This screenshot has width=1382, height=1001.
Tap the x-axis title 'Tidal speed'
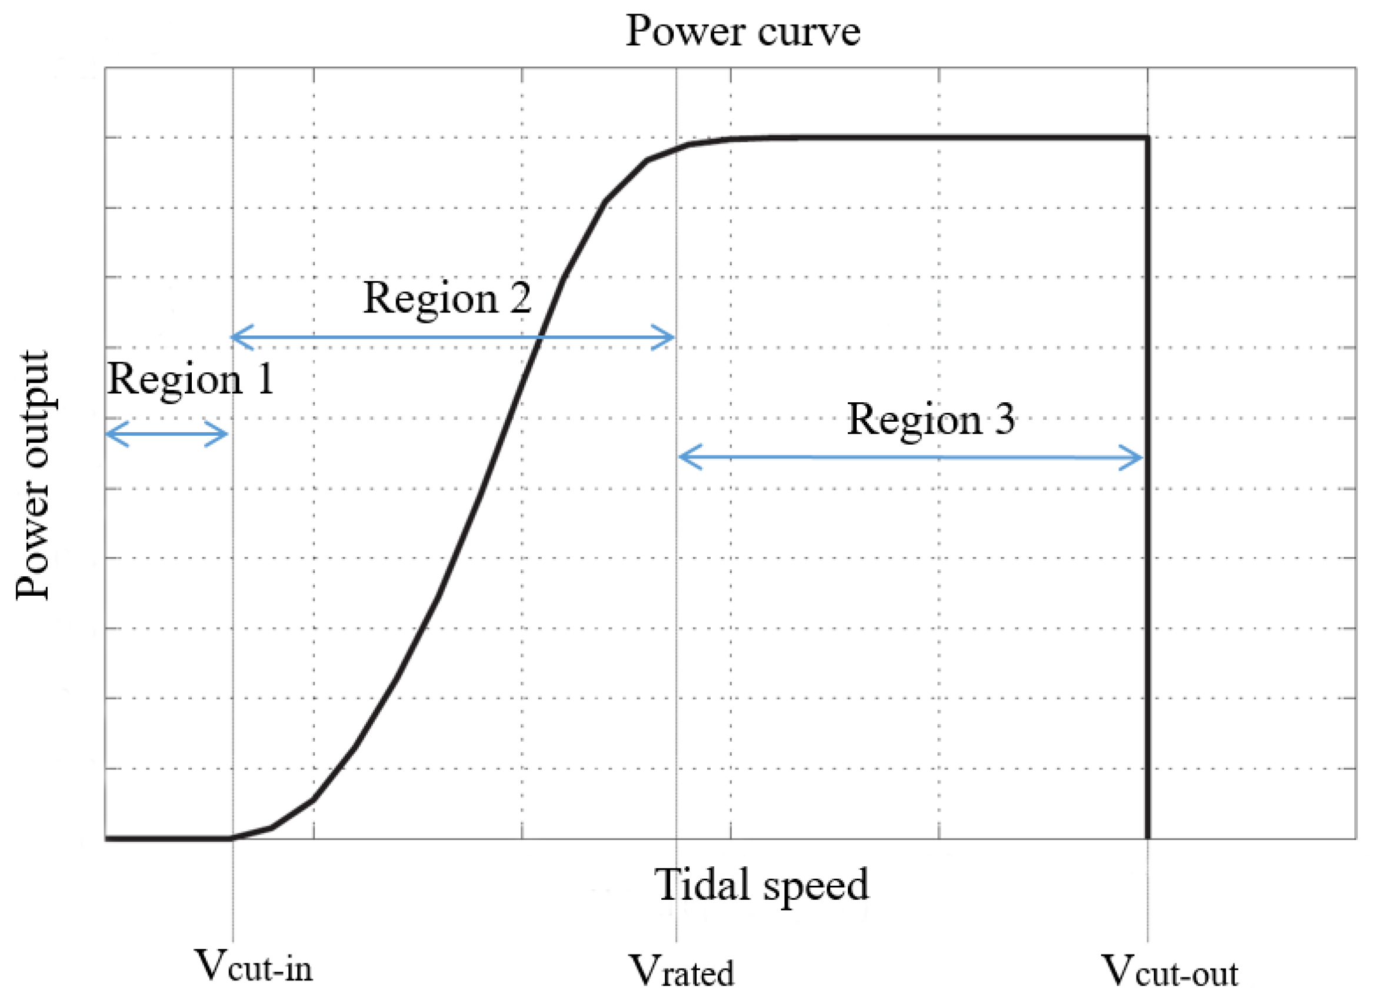762,885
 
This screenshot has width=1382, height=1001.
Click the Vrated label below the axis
681,970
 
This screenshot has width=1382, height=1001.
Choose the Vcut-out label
1170,970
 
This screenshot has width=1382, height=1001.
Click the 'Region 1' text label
190,379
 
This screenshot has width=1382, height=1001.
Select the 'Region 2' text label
447,299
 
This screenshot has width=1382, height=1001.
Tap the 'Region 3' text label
931,419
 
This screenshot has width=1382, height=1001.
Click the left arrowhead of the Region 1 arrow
111,434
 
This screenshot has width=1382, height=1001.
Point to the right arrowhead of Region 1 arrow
223,434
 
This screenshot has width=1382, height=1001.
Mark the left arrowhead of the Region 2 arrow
237,337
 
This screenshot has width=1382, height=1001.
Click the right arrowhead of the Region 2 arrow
669,337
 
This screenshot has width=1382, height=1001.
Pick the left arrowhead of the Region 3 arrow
685,457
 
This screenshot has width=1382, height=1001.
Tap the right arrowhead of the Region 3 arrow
1137,458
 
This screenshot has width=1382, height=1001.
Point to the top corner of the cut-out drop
1148,138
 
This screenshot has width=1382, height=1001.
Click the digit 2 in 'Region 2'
520,299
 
